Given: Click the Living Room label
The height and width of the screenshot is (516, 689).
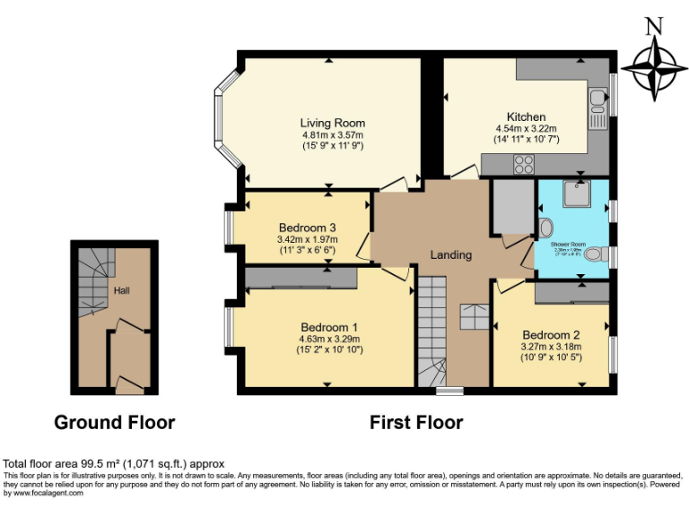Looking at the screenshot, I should click(332, 123).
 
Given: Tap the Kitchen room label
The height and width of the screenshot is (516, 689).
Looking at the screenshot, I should click(526, 117).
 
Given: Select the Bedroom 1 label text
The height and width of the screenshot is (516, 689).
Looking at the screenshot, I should click(329, 327).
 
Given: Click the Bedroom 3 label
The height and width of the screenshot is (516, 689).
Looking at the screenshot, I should click(307, 227).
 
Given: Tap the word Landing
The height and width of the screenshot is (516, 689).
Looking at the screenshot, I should click(450, 254).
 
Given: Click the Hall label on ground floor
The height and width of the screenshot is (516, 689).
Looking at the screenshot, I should click(122, 291).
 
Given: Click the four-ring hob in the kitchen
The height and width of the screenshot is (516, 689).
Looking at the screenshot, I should click(523, 164).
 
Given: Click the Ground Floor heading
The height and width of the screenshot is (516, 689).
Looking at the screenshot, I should click(114, 422).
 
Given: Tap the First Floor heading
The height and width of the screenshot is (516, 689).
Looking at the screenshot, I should click(416, 422).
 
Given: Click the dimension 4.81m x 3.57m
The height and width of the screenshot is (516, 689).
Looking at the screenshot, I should click(332, 134).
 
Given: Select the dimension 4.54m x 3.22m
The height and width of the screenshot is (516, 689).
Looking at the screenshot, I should click(526, 129).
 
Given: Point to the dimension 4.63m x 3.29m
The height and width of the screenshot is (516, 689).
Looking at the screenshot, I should click(329, 339).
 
